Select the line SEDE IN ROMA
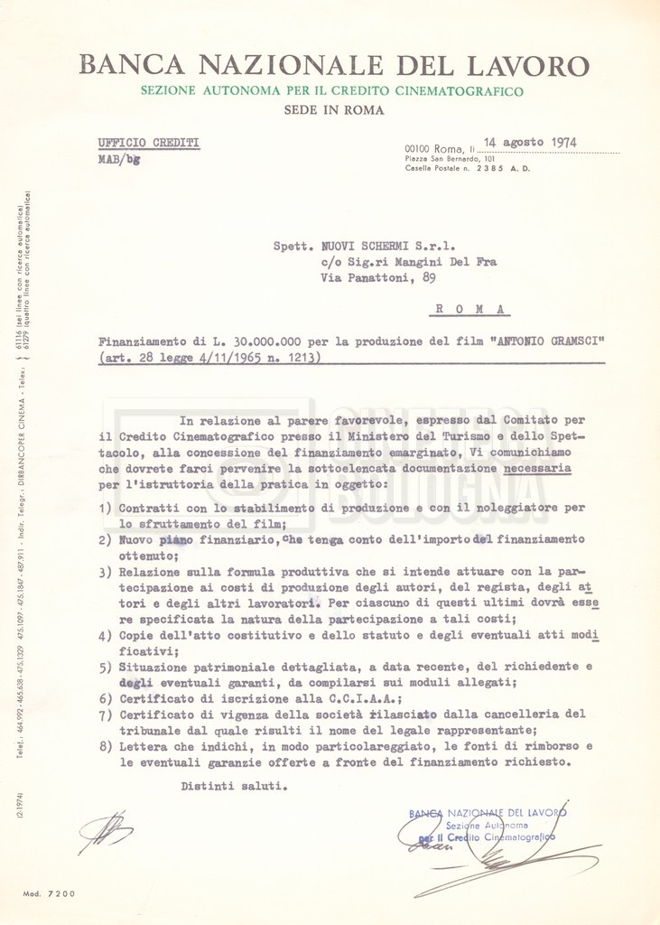coord(334,110)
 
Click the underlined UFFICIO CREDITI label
coord(149,143)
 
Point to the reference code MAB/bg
coord(118,159)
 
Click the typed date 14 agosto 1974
coord(530,142)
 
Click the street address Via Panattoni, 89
coord(378,279)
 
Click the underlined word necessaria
coord(537,469)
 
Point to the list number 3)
coord(105,572)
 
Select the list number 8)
coord(105,747)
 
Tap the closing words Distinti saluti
coord(234,786)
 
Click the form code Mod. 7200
coord(50,893)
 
